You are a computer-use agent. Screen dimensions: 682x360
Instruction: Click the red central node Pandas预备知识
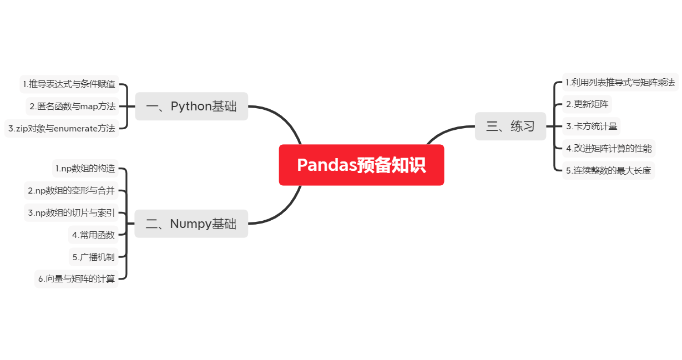[x=361, y=165]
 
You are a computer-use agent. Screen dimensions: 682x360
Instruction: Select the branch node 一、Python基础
[x=191, y=106]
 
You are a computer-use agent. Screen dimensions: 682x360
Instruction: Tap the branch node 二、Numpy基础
[x=191, y=224]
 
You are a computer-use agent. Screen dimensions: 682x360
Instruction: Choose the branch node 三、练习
[x=511, y=126]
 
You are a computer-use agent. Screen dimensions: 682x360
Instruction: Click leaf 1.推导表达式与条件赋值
[x=69, y=84]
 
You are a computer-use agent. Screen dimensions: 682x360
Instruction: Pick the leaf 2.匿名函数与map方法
[x=73, y=106]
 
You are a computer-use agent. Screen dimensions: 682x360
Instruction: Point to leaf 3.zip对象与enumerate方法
[x=62, y=129]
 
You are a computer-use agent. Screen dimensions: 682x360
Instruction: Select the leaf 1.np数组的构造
[x=85, y=168]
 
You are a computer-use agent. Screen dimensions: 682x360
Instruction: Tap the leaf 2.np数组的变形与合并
[x=71, y=190]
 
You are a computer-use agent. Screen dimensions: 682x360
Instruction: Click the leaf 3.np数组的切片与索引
[x=71, y=212]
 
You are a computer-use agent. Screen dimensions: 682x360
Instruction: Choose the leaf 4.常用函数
[x=93, y=235]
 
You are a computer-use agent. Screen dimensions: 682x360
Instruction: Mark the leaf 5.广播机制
[x=93, y=257]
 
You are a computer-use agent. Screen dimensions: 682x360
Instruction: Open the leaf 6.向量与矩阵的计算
[x=77, y=279]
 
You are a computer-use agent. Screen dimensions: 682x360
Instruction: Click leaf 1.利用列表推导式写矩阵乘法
[x=620, y=82]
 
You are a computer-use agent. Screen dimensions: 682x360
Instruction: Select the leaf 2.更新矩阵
[x=587, y=104]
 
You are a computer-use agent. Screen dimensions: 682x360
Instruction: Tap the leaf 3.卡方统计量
[x=591, y=126]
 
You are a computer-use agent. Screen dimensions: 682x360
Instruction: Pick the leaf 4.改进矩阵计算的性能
[x=609, y=148]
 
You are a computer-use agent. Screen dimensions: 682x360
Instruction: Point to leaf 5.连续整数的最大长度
[x=608, y=170]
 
